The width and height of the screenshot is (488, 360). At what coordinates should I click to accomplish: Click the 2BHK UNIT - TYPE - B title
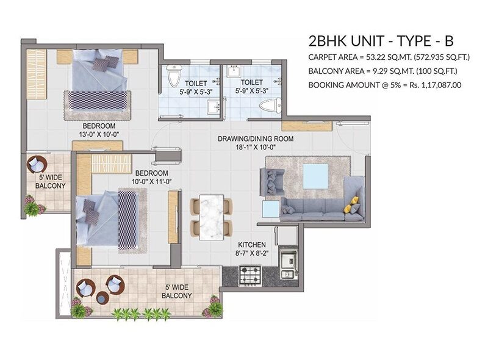point(381,41)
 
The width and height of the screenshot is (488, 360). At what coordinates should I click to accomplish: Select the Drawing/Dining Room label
point(255,139)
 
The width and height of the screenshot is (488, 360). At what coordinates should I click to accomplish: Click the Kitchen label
point(252,245)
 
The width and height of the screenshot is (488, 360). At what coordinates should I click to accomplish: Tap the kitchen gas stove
point(250,275)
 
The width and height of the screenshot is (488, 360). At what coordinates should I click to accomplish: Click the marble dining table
point(212,217)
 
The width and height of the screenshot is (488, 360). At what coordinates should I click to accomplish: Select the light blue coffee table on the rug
point(315,176)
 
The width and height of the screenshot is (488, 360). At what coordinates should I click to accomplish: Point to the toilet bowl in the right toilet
point(270,105)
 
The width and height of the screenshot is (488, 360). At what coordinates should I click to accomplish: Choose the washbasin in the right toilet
point(233,71)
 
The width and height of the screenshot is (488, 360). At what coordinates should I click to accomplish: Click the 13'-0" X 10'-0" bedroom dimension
point(99,134)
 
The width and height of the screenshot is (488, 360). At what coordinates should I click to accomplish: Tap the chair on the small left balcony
point(37,164)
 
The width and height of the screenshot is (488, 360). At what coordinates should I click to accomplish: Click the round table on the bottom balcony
point(102,298)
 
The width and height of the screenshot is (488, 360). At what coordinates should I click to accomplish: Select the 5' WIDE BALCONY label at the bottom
point(176,292)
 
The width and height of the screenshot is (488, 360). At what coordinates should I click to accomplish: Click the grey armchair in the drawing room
point(271,182)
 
